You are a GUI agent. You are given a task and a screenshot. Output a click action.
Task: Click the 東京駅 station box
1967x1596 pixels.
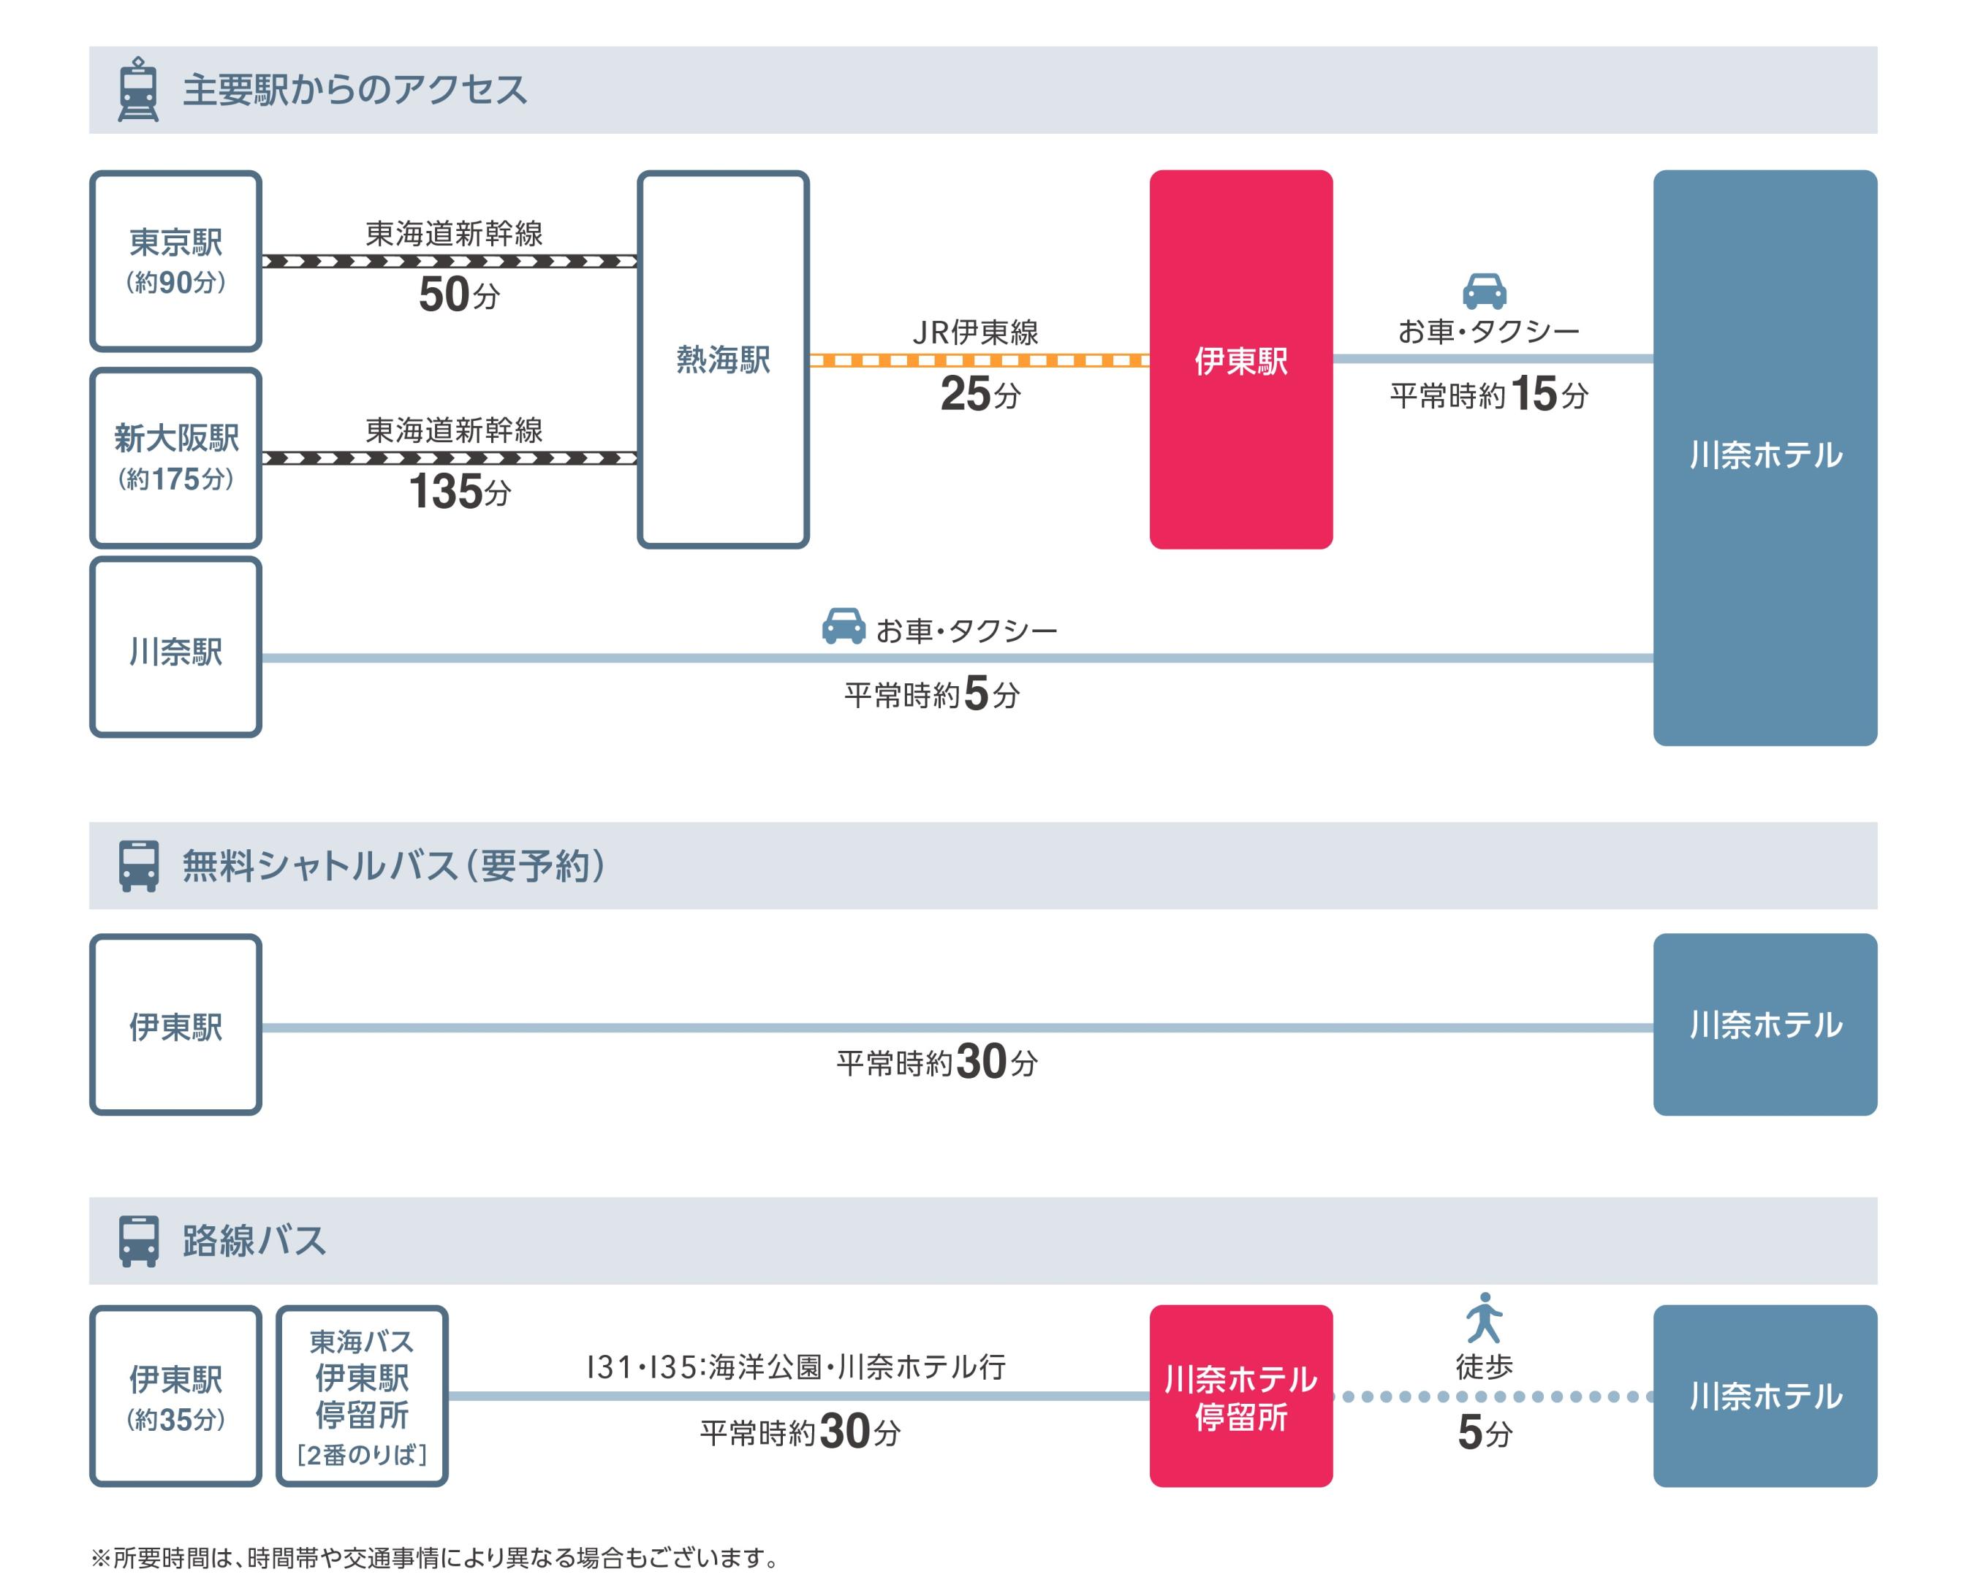pyautogui.click(x=175, y=260)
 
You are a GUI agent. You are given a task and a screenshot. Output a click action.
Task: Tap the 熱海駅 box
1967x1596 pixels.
pyautogui.click(x=723, y=360)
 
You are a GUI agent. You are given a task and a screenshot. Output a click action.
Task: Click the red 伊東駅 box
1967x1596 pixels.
pyautogui.click(x=1240, y=360)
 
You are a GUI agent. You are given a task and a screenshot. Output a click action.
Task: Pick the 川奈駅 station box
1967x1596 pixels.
pyautogui.click(x=175, y=647)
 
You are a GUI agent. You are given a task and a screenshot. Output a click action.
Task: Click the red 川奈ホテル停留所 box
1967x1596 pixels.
pyautogui.click(x=1240, y=1396)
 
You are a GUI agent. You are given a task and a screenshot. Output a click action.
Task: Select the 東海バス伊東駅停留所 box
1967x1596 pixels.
pyautogui.click(x=361, y=1396)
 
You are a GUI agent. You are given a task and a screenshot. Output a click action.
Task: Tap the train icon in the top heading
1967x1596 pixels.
pyautogui.click(x=138, y=89)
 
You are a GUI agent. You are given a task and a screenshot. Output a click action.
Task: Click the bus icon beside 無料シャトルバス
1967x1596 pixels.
pyautogui.click(x=138, y=865)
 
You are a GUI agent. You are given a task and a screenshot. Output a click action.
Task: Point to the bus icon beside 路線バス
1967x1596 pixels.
pyautogui.click(x=138, y=1240)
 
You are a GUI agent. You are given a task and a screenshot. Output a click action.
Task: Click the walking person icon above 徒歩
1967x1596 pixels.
pyautogui.click(x=1483, y=1318)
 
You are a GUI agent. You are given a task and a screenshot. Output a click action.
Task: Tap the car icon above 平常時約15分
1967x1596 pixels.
pyautogui.click(x=1483, y=291)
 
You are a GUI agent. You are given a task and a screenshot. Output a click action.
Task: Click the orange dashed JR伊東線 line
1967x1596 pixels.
pyautogui.click(x=979, y=360)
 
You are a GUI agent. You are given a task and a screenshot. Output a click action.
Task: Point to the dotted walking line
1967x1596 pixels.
pyautogui.click(x=1492, y=1396)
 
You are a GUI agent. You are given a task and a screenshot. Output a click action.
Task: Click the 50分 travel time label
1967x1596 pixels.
pyautogui.click(x=458, y=295)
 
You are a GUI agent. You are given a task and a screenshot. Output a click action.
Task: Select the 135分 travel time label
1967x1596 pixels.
pyautogui.click(x=458, y=492)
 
